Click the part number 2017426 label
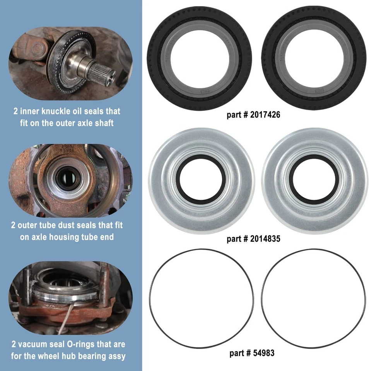[x=253, y=115]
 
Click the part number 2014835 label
[x=253, y=239]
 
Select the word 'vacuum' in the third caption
[x=36, y=344]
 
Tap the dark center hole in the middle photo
[x=63, y=179]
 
